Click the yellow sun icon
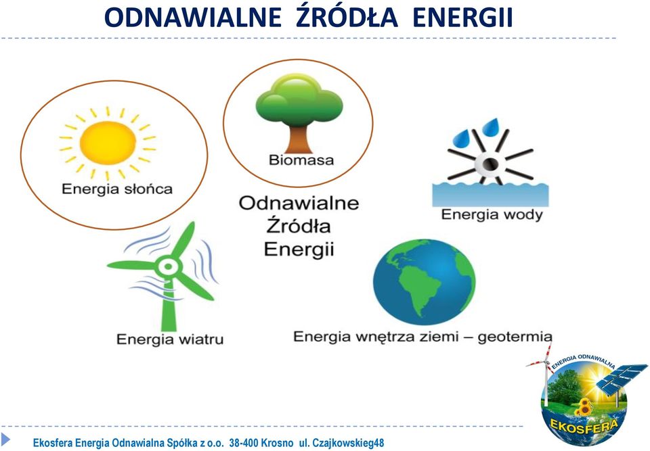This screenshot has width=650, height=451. click(108, 143)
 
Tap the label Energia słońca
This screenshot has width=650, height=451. click(117, 189)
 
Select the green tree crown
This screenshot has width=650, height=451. click(299, 101)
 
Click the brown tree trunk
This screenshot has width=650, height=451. click(299, 140)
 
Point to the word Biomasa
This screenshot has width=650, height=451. click(301, 160)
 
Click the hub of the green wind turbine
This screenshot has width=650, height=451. click(169, 266)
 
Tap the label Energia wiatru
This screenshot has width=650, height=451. click(170, 339)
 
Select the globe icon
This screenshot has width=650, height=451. click(424, 281)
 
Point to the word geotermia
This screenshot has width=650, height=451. click(515, 337)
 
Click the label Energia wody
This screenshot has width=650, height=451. click(492, 215)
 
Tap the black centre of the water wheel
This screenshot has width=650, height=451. click(492, 164)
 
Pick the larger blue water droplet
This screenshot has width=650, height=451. click(491, 128)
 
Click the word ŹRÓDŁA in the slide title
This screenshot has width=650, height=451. click(347, 18)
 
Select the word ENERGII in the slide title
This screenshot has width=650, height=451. click(463, 18)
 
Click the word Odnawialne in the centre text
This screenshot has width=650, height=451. click(299, 203)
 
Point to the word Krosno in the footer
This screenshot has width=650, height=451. click(278, 443)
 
